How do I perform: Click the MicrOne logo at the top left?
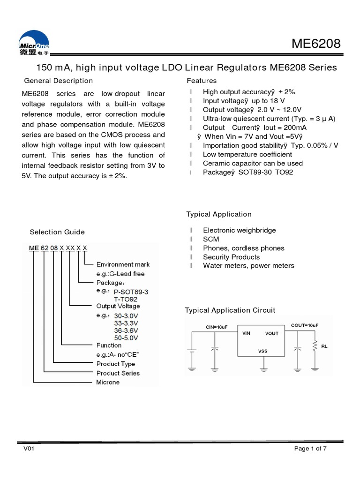click(34, 45)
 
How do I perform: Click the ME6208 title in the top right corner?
click(316, 45)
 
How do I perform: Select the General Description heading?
click(58, 81)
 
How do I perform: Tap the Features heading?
click(202, 81)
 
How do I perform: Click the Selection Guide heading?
click(57, 232)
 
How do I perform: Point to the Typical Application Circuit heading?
click(230, 310)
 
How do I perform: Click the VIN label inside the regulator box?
click(247, 333)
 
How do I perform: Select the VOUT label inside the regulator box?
click(272, 333)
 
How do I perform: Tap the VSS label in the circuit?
click(262, 351)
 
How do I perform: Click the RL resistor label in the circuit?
click(324, 347)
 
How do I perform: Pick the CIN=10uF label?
click(217, 326)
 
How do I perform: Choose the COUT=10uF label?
click(304, 325)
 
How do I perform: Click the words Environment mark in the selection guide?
click(123, 264)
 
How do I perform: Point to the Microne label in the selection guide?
click(108, 382)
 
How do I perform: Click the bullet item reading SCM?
click(211, 239)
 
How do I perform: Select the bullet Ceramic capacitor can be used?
click(253, 163)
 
